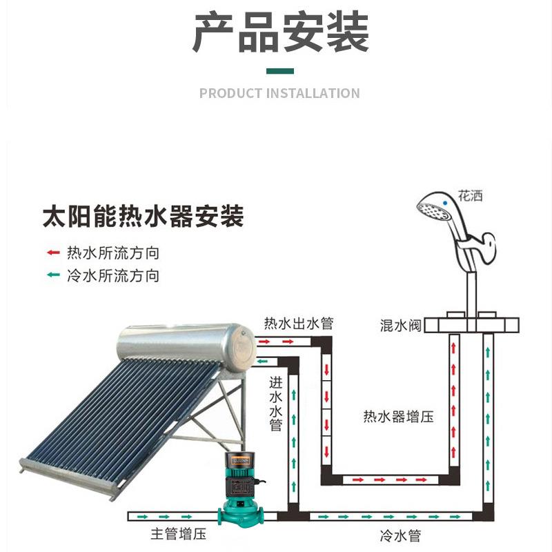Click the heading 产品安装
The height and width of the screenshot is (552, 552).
click(281, 32)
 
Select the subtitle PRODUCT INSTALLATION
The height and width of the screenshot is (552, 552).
click(279, 93)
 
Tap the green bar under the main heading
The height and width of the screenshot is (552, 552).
click(280, 71)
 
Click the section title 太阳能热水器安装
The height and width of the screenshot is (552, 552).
click(143, 216)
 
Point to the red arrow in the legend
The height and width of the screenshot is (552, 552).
click(53, 253)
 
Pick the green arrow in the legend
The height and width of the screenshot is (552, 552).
click(53, 275)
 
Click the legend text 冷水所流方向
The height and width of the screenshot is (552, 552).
click(113, 275)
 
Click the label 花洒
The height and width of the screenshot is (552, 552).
click(470, 196)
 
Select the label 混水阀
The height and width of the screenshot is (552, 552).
click(401, 325)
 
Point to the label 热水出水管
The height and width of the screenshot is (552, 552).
click(299, 323)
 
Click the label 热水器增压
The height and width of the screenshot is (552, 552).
click(398, 417)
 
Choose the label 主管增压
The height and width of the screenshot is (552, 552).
click(179, 533)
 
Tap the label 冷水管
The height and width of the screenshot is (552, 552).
click(401, 536)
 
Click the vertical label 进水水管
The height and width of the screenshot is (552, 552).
click(275, 404)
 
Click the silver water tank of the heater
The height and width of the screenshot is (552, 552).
click(186, 347)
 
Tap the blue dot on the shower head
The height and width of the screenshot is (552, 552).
click(445, 203)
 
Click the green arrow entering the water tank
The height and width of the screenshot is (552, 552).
click(262, 362)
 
